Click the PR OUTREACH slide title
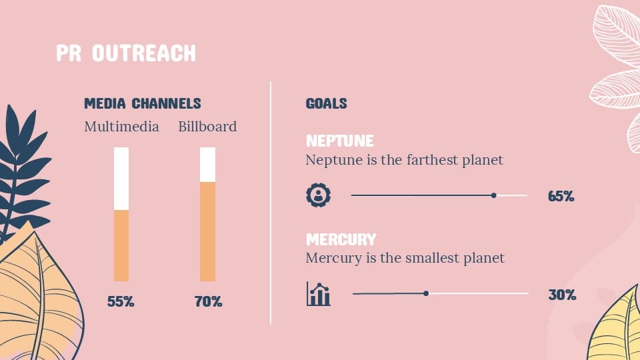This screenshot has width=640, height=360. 126,53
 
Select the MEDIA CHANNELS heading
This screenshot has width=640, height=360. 143,103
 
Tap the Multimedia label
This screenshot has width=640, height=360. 121,127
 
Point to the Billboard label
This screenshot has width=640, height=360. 207,127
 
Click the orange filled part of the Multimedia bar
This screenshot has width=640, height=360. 121,246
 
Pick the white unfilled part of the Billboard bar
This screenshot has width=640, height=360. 207,165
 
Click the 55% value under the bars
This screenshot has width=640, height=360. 121,301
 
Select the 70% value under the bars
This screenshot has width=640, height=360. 208,301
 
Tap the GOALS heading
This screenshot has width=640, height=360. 326,103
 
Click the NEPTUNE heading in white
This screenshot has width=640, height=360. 339,141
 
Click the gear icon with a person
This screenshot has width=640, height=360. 319,195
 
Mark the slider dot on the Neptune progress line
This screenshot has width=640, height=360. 494,195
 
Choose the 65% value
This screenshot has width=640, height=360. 561,196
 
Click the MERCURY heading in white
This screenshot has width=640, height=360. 341,239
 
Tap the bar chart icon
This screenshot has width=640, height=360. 319,293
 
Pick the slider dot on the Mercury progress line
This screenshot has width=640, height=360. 426,293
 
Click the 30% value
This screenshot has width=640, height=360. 562,295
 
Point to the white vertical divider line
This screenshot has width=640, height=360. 271,203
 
